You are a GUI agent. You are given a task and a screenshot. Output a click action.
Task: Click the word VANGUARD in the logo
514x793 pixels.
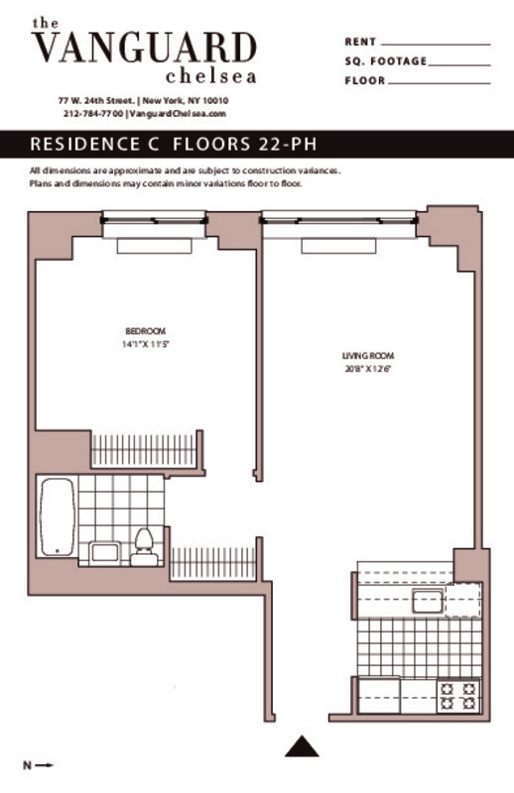click(144, 47)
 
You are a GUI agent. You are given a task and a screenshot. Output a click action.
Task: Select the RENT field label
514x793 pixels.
click(360, 43)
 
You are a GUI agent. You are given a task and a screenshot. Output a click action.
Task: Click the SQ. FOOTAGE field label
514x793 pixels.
click(385, 61)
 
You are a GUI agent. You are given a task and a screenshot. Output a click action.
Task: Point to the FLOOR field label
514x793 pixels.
click(364, 80)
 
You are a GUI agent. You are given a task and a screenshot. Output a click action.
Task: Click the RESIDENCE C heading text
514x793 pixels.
click(95, 144)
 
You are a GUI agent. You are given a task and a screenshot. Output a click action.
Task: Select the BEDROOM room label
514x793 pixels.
click(145, 330)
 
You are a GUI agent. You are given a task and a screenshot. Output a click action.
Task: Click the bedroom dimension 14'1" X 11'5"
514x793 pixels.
click(145, 344)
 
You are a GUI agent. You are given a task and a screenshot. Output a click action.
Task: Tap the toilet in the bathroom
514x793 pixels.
click(145, 546)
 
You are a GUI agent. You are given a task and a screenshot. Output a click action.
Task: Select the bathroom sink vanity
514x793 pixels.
click(105, 552)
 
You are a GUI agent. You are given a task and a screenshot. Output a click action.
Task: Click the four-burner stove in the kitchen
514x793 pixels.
click(460, 695)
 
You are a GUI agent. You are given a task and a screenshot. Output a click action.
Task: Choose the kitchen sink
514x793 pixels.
click(429, 600)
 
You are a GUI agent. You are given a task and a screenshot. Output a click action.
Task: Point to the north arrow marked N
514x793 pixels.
click(37, 764)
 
